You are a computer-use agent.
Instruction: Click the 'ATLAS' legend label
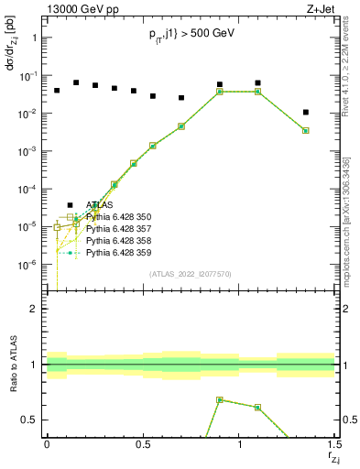100,205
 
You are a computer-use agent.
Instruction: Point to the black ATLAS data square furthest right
306,113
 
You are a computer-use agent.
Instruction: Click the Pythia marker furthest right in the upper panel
306,130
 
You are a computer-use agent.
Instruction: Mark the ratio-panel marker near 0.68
220,399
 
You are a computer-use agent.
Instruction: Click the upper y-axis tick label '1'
34,38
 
